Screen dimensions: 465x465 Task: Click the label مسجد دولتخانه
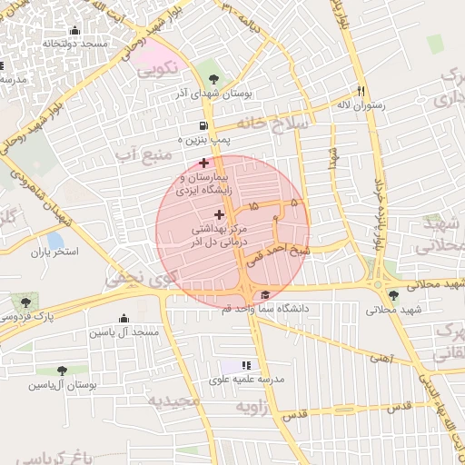pos(74,44)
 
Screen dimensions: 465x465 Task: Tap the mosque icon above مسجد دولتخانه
pos(74,31)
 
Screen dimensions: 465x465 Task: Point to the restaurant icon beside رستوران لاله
pos(361,91)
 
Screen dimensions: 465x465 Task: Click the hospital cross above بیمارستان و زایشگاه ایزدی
pos(203,163)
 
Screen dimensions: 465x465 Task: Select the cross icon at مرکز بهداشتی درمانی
pos(219,214)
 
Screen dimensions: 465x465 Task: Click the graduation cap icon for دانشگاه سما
pos(265,295)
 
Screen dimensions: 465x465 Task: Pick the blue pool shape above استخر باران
pos(54,240)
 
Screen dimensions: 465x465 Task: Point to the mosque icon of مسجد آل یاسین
pos(124,318)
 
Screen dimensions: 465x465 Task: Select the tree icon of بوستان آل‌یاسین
pos(62,371)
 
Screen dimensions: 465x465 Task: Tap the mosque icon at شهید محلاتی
pos(392,295)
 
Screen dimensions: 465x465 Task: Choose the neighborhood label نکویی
pos(158,68)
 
